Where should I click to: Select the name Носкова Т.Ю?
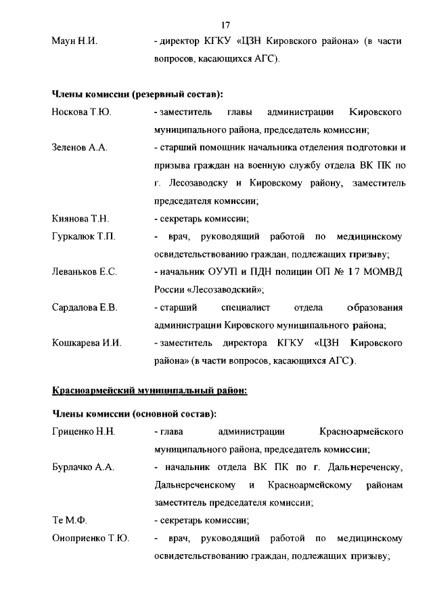pos(81,112)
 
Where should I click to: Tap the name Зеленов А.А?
pos(80,148)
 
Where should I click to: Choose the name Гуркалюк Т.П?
pos(84,236)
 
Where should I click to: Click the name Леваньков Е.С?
pos(85,272)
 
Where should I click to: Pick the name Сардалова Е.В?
pos(85,308)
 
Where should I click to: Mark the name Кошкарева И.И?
pos(87,343)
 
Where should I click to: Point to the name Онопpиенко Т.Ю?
pos(91,538)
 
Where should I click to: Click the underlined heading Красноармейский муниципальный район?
pos(150,391)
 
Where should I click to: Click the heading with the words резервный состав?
pos(138,94)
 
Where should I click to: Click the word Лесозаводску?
pos(197,183)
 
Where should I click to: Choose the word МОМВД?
pos(380,272)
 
